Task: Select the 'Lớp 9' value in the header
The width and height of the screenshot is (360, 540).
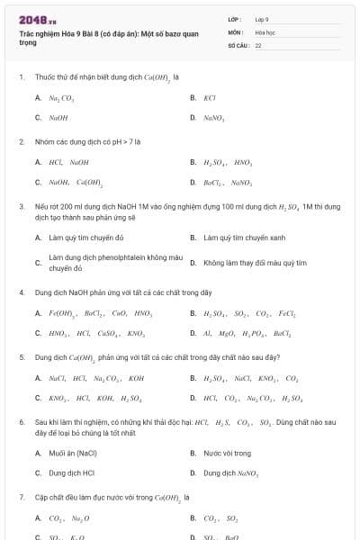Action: [262, 18]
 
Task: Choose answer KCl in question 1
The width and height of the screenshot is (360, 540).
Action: [210, 97]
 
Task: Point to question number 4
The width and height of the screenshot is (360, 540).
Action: [21, 292]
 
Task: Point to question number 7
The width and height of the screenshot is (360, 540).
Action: [21, 497]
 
